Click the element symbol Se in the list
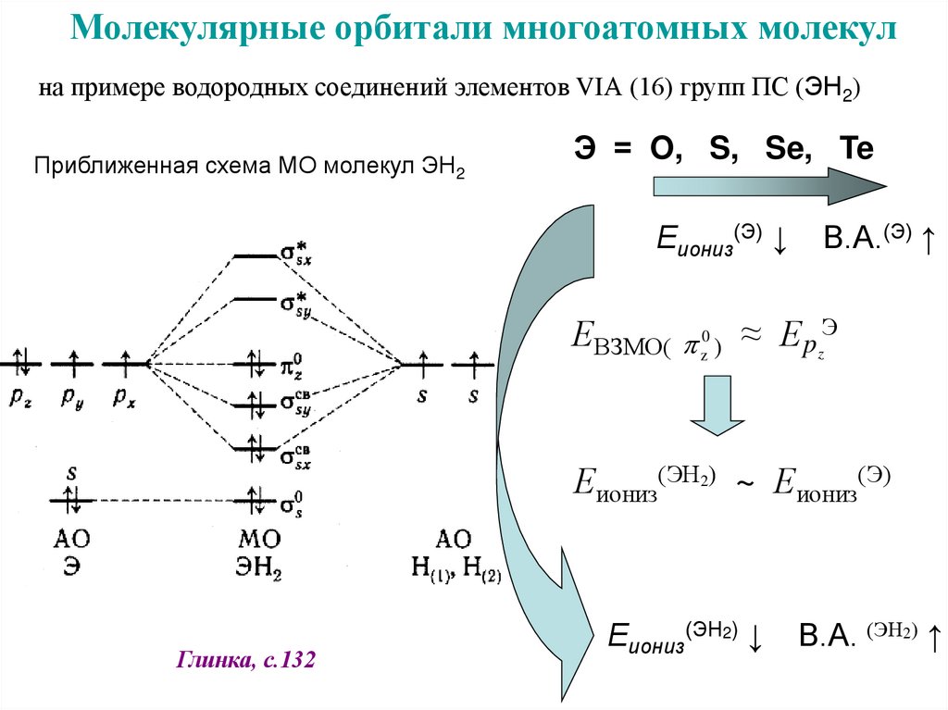780,148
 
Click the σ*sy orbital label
296,304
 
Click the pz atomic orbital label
21,395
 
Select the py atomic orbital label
71,395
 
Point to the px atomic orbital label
123,395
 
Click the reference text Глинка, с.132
245,661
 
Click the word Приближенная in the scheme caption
101,167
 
